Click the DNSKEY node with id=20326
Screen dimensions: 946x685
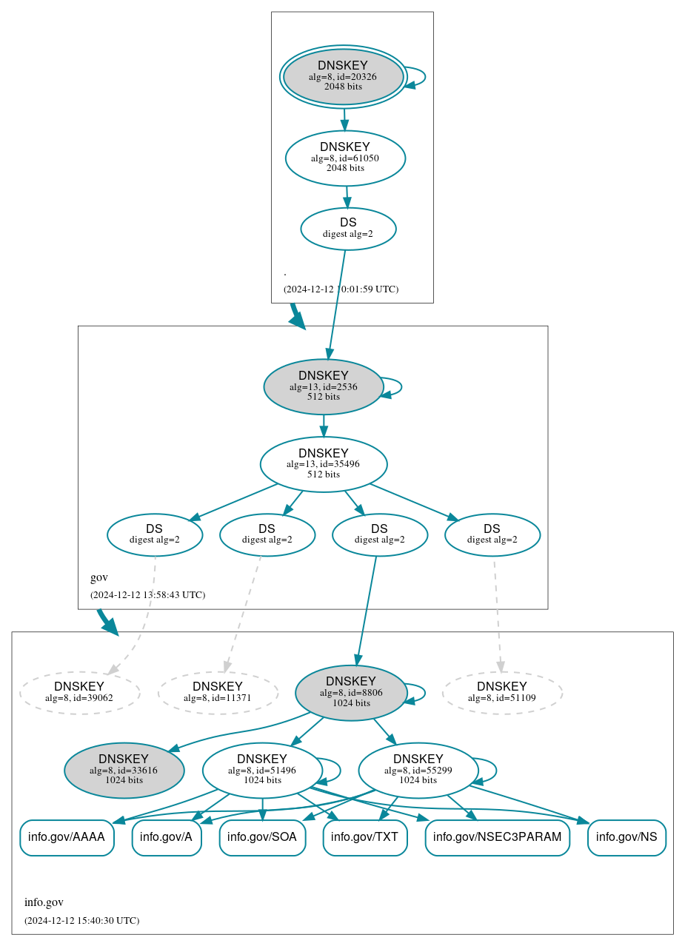(343, 76)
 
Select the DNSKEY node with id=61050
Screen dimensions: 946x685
(345, 158)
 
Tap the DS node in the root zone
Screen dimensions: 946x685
(348, 229)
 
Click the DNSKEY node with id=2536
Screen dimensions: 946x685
(323, 386)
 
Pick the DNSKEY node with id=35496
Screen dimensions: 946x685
(323, 464)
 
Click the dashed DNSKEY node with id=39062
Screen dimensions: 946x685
(79, 693)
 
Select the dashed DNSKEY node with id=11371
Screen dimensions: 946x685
(218, 693)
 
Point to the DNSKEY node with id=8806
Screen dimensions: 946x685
(351, 693)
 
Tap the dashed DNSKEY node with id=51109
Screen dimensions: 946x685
(502, 693)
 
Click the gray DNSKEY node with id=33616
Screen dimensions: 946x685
(124, 770)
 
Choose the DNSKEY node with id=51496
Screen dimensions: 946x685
(262, 770)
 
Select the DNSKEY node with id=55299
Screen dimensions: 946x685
(418, 770)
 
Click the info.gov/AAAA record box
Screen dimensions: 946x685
(67, 837)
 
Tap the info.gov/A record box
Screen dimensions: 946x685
(167, 837)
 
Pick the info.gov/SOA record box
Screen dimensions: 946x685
(262, 837)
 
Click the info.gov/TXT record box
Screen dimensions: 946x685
(365, 837)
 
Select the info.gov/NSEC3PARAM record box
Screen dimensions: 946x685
(497, 837)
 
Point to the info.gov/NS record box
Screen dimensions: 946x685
(626, 837)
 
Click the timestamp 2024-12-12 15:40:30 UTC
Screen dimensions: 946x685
(81, 921)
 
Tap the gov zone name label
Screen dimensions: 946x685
(99, 577)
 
